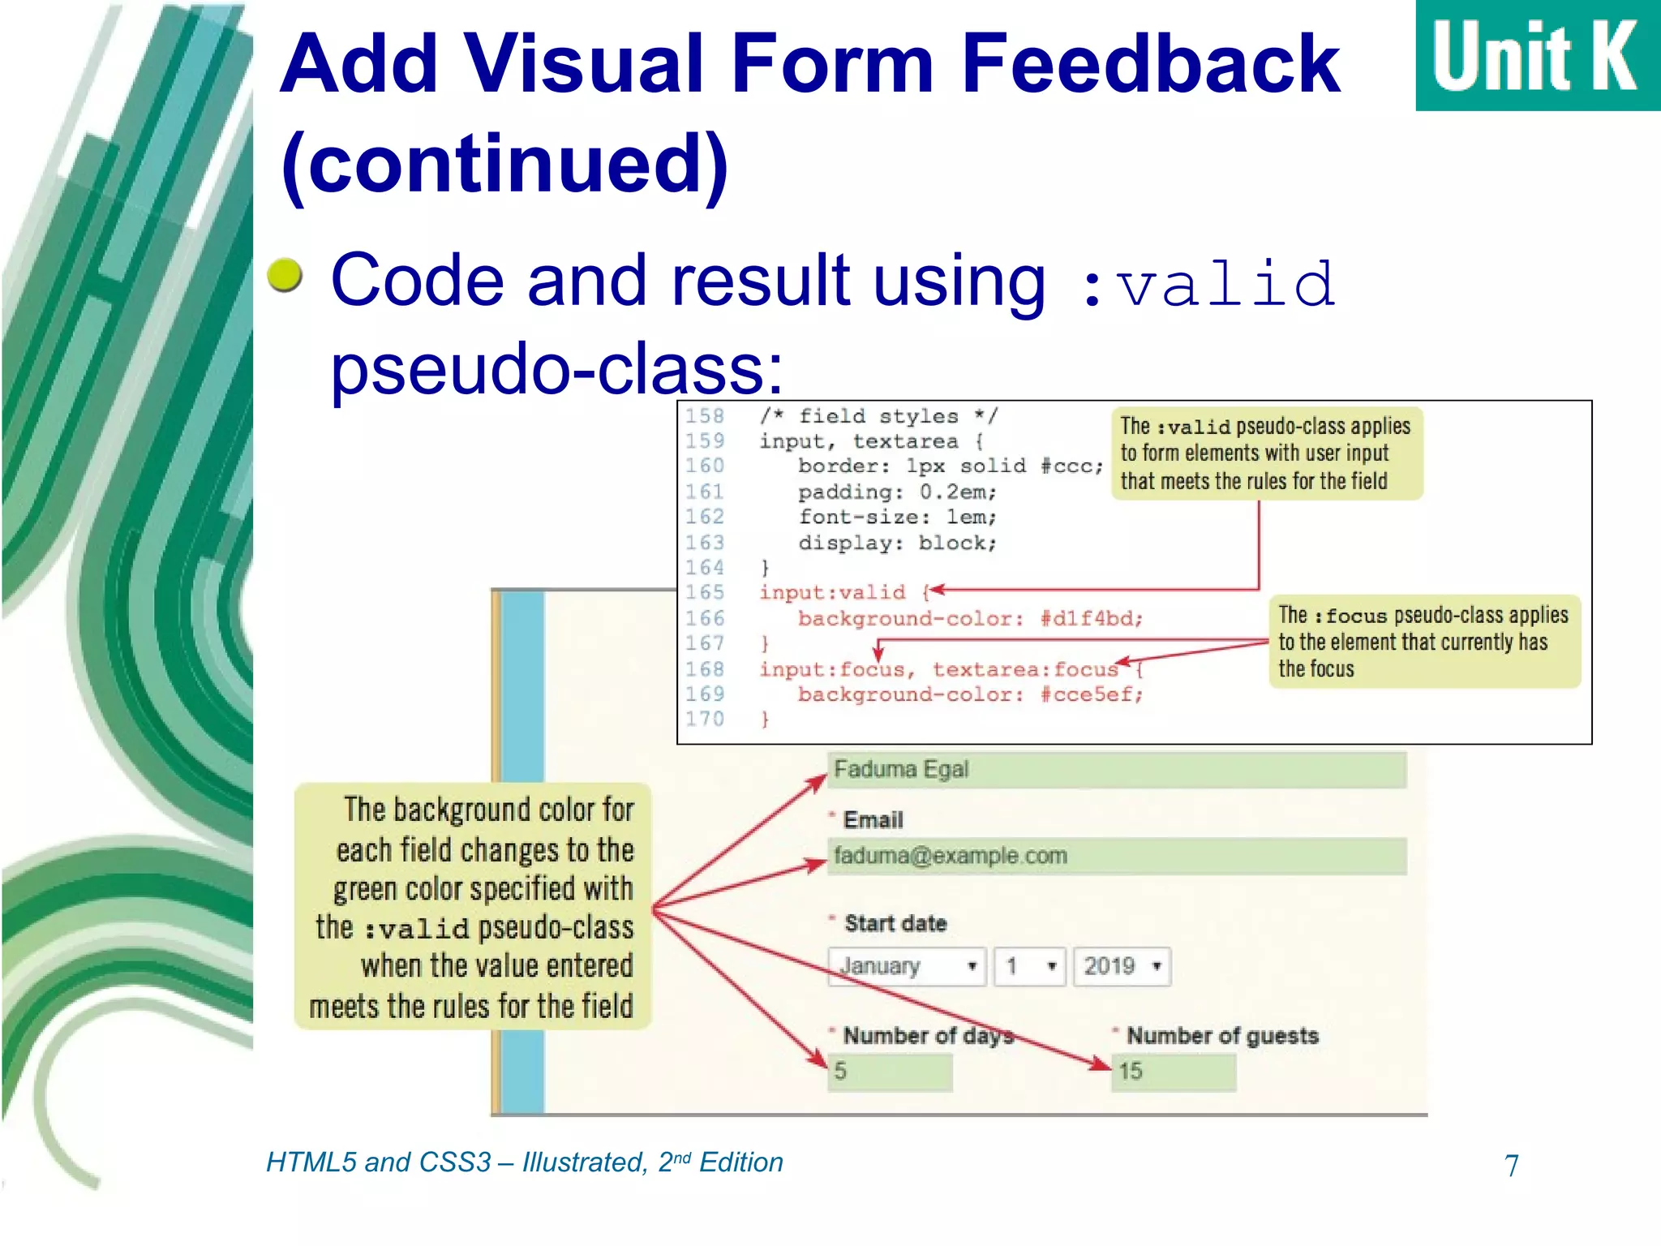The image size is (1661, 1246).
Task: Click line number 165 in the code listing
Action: (x=704, y=592)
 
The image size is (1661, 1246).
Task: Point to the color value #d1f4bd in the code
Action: (x=1091, y=619)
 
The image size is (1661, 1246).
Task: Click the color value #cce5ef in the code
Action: (x=1091, y=694)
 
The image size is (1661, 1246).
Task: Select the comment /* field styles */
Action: (x=878, y=416)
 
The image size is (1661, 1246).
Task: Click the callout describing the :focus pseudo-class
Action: (x=1423, y=642)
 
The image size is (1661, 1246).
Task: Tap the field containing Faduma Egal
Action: (x=1116, y=769)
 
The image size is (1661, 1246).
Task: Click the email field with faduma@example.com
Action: (x=1116, y=856)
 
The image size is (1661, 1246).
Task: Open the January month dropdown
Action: (x=906, y=966)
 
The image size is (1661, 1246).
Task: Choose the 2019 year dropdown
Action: (x=1121, y=966)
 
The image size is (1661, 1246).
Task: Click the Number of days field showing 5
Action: (x=889, y=1072)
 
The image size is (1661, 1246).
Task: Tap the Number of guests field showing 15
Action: (x=1173, y=1072)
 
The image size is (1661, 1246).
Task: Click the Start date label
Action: (x=895, y=923)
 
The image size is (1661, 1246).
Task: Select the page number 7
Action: (x=1511, y=1166)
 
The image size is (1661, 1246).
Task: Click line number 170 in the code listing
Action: (x=704, y=719)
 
